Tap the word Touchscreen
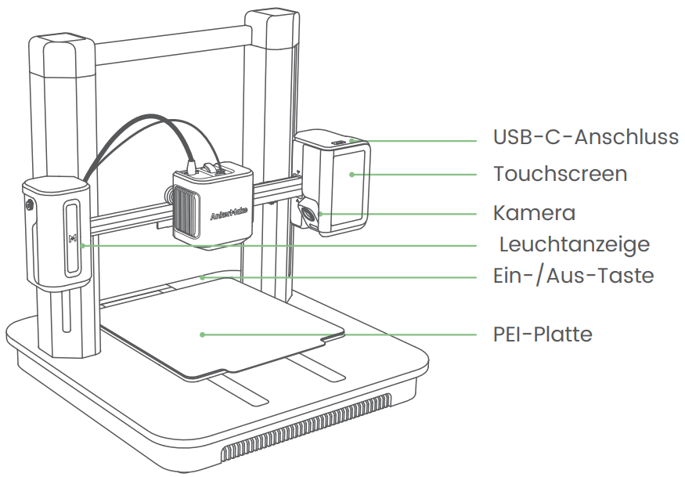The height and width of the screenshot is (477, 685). coord(560,173)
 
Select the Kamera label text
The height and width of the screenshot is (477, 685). coord(534,213)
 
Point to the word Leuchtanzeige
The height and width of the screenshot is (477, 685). coord(575,244)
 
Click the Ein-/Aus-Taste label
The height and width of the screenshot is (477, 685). coord(573,276)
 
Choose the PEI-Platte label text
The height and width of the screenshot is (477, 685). coord(543,334)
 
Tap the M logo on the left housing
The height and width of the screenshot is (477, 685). coord(73,238)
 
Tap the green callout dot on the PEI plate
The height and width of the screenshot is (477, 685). coord(202,334)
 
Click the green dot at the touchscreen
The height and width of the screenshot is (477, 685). coord(352,174)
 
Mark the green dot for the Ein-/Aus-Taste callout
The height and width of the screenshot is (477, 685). coord(202,276)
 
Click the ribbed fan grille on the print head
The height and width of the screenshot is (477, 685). coord(186,212)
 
